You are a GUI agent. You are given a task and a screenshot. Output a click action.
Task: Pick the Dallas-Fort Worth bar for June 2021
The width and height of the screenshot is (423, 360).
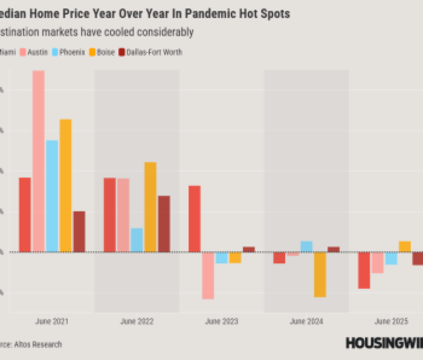pos(79,231)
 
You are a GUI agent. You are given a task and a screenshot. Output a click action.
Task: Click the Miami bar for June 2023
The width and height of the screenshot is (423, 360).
pos(194,218)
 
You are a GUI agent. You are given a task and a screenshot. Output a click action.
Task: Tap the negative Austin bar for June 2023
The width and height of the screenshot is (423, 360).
pos(208,275)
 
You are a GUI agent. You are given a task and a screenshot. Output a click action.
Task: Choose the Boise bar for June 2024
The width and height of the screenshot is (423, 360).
pos(320,274)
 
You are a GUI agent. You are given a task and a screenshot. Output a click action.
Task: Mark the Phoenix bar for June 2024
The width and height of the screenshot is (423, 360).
pos(306,246)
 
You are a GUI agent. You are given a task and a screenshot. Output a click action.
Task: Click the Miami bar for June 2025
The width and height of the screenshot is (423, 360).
pos(364,270)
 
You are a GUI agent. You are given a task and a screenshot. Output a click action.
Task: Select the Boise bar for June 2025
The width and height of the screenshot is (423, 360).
pos(405,246)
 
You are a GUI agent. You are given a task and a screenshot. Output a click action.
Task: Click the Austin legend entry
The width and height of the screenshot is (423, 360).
pos(35,52)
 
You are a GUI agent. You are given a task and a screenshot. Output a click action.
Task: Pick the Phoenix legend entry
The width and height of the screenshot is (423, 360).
pos(70,52)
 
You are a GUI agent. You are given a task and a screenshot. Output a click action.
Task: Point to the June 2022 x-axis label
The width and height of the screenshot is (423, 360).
pos(137,322)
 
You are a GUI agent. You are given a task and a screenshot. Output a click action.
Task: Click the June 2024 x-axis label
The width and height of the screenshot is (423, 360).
pos(306,322)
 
